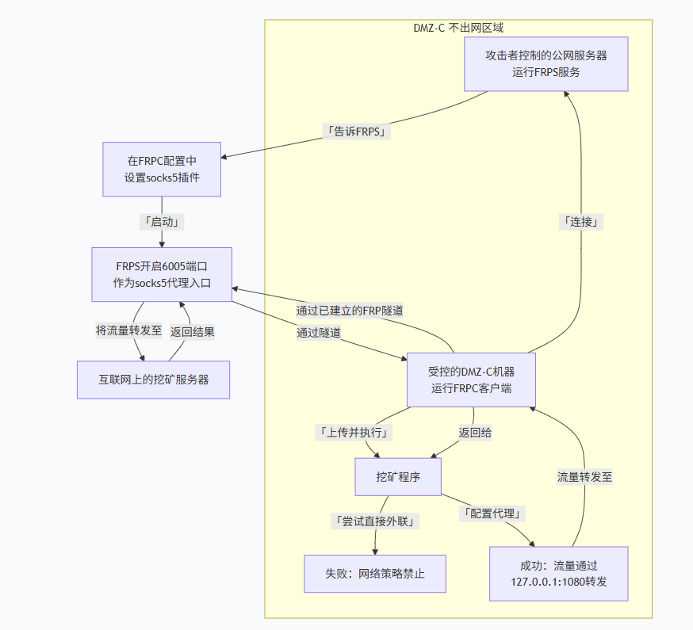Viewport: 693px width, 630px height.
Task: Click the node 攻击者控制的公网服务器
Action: click(546, 64)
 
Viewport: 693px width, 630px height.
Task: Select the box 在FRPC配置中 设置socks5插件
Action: click(162, 169)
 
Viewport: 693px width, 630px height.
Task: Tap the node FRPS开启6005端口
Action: click(162, 274)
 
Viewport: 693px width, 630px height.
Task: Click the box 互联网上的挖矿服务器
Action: click(153, 380)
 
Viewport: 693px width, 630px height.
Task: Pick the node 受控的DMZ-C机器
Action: click(471, 380)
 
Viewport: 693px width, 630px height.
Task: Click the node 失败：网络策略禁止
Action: click(374, 573)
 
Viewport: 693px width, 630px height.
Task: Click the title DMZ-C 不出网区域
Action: click(458, 28)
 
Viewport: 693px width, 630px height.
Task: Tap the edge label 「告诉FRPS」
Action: click(357, 132)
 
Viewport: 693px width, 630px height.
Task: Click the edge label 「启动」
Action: click(162, 222)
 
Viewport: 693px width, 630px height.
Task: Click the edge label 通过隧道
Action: click(319, 333)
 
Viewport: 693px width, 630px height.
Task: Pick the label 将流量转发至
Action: click(129, 331)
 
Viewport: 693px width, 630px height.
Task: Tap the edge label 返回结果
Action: click(192, 331)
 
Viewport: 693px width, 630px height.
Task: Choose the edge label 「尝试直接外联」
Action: click(375, 521)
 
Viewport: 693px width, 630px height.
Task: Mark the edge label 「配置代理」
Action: click(492, 514)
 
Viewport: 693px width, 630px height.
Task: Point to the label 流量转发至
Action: click(584, 477)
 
